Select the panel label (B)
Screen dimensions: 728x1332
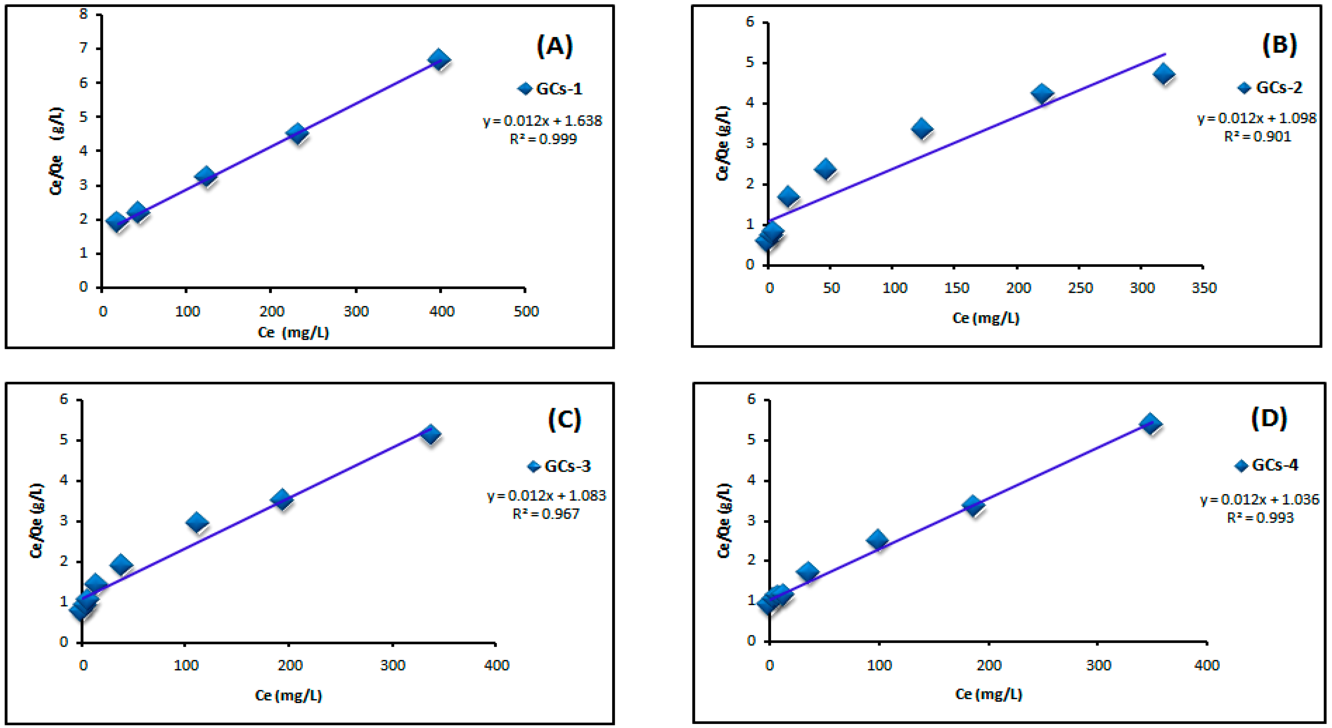pyautogui.click(x=1279, y=45)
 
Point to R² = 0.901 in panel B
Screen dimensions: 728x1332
pyautogui.click(x=1257, y=137)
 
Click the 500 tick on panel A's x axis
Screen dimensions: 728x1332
pyautogui.click(x=526, y=311)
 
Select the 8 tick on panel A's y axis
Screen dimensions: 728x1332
pyautogui.click(x=83, y=14)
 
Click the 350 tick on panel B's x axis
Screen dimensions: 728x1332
pyautogui.click(x=1204, y=288)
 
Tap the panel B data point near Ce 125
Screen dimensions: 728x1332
pyautogui.click(x=922, y=128)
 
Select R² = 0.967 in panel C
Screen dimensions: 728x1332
pyautogui.click(x=546, y=514)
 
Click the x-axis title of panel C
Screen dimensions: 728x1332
pyautogui.click(x=288, y=695)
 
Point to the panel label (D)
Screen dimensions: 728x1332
pyautogui.click(x=1269, y=418)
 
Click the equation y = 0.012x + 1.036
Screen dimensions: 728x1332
pyautogui.click(x=1260, y=500)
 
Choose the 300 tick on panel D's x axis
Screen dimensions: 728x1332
pyautogui.click(x=1098, y=665)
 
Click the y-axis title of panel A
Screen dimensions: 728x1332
pyautogui.click(x=56, y=151)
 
